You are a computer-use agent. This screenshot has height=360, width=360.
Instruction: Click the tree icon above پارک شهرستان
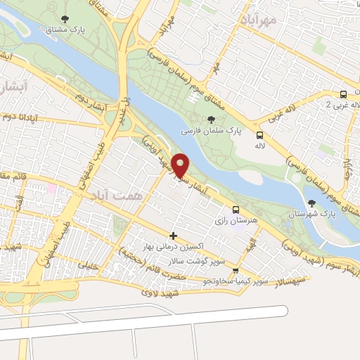coord(311,203)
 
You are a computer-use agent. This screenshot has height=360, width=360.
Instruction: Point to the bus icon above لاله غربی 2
coord(342,94)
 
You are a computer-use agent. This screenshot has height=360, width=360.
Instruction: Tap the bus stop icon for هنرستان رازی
coord(236,210)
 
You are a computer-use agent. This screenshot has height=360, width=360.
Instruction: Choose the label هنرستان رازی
coord(236,221)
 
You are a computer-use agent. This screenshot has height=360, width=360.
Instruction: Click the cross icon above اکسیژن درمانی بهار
coord(174,235)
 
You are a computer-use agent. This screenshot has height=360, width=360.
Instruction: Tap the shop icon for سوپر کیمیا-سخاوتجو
coord(236,270)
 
